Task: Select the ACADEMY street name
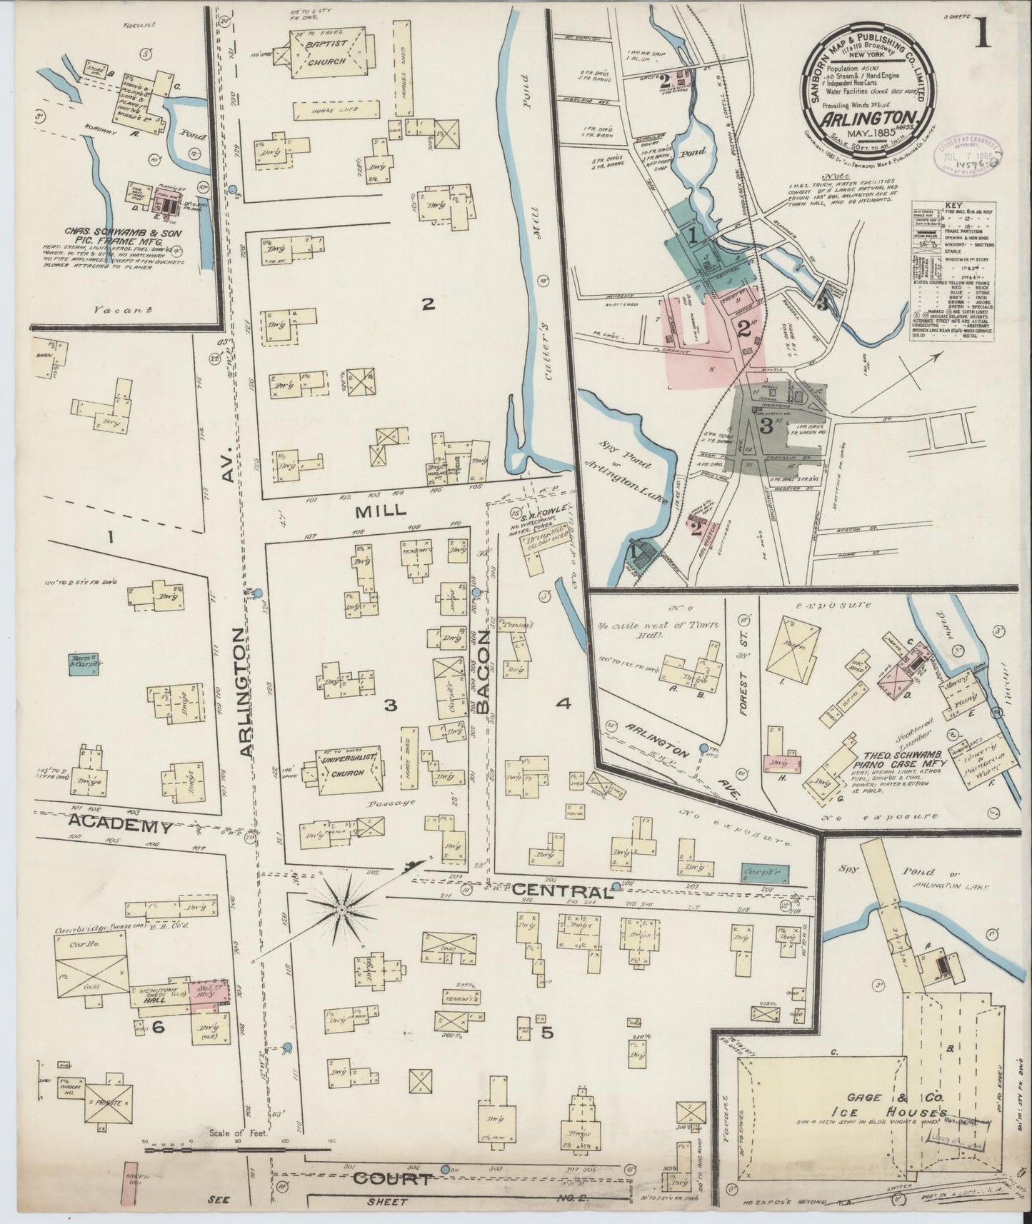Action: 121,826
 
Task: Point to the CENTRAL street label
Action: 563,891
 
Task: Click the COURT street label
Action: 393,1178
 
